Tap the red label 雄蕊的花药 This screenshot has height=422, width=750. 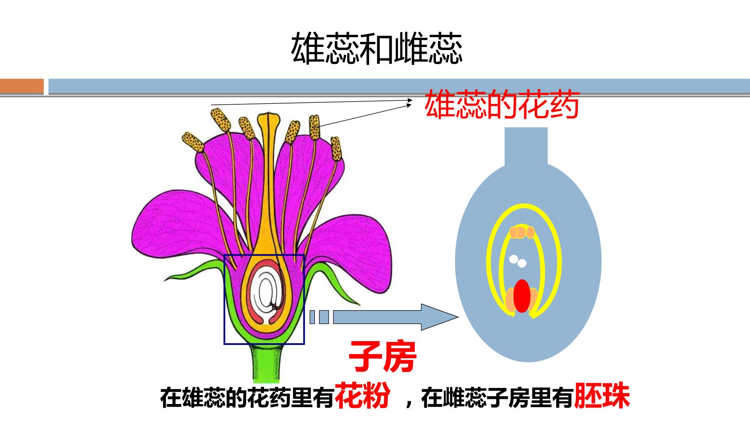point(502,104)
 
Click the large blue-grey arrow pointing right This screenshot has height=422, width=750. point(395,317)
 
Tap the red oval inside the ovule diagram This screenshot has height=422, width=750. point(522,296)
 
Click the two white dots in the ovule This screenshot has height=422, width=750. point(518,261)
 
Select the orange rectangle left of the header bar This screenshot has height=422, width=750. point(22,86)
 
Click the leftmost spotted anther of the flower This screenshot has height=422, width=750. point(193,142)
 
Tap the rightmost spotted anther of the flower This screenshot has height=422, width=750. point(336,148)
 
